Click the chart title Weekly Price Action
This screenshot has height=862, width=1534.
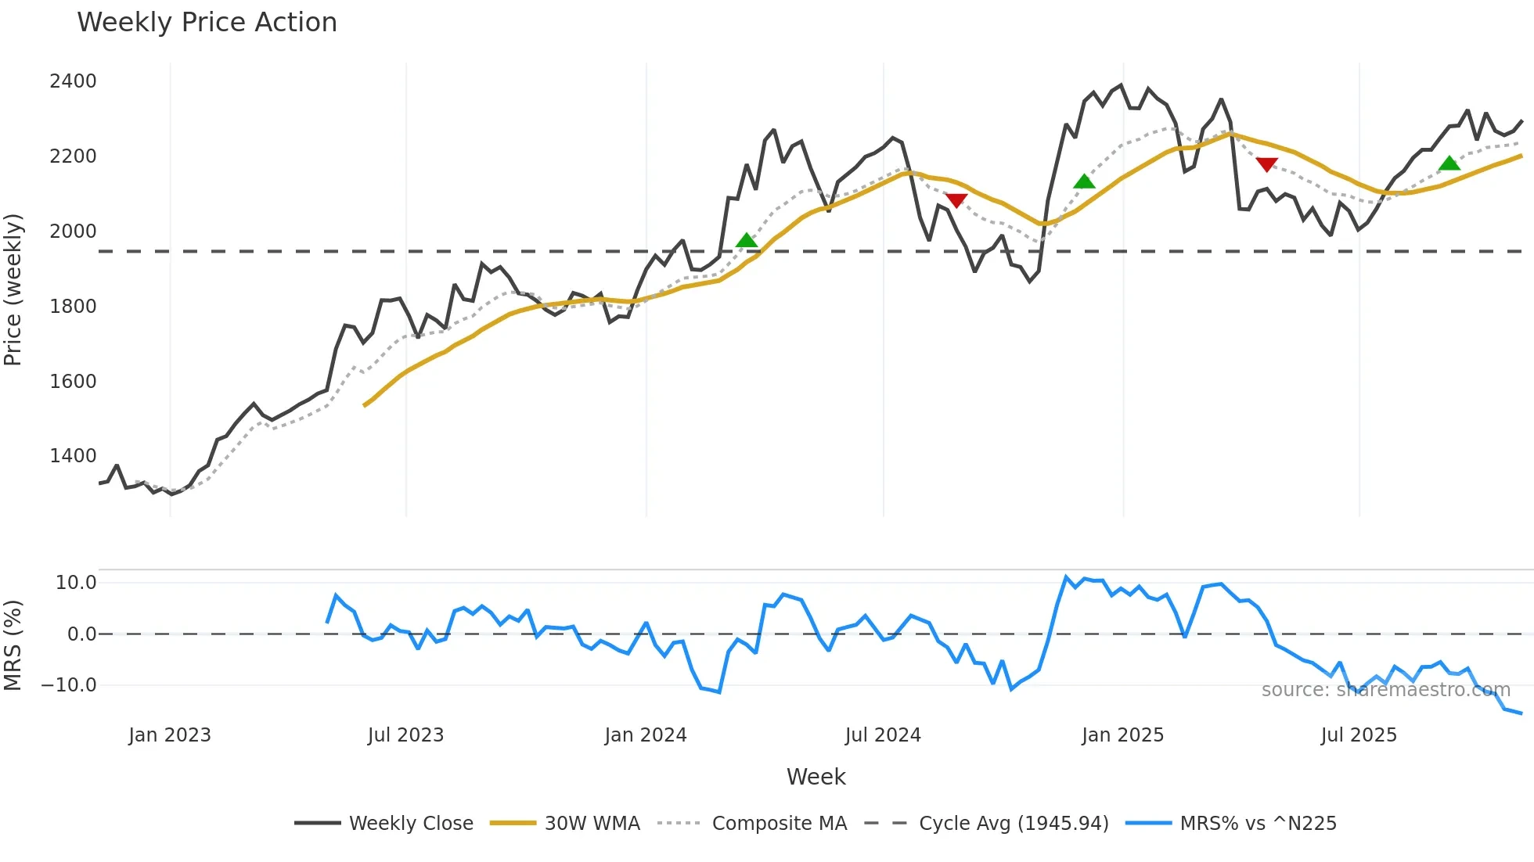point(207,23)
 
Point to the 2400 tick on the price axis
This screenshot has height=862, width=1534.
point(73,81)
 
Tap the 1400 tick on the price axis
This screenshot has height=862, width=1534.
point(73,456)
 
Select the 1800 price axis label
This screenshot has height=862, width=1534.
point(73,307)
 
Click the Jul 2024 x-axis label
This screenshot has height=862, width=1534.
point(883,735)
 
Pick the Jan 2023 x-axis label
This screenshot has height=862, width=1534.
point(170,735)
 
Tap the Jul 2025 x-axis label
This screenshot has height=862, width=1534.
point(1359,735)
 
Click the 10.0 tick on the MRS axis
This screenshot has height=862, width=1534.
point(76,583)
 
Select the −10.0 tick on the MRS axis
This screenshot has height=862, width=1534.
point(69,685)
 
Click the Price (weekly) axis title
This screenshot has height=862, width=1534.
point(13,289)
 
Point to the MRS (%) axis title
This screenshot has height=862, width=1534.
point(13,645)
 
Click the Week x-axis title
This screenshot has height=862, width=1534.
point(816,777)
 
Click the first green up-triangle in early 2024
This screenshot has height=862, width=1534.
point(747,240)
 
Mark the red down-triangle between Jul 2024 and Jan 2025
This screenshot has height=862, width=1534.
point(956,200)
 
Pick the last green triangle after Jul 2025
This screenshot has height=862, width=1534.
point(1449,163)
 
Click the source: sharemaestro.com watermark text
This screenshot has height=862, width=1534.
point(1385,690)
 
